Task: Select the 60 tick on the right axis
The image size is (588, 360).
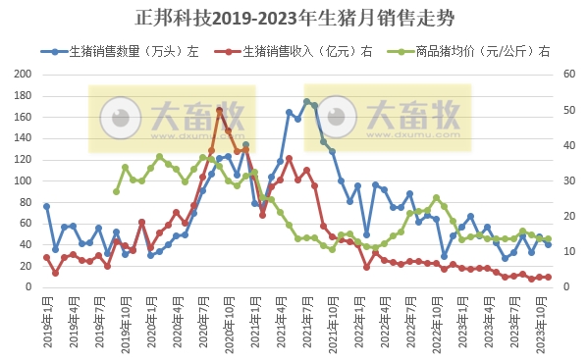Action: point(567,75)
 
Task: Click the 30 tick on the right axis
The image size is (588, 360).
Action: point(567,181)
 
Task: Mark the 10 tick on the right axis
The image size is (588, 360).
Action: point(567,252)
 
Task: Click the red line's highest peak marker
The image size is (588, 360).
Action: point(220,110)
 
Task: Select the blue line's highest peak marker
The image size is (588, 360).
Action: point(306,101)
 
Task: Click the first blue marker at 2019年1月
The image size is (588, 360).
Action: point(46,206)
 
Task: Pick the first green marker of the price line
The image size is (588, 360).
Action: point(116,191)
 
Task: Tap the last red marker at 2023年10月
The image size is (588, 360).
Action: point(548,277)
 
